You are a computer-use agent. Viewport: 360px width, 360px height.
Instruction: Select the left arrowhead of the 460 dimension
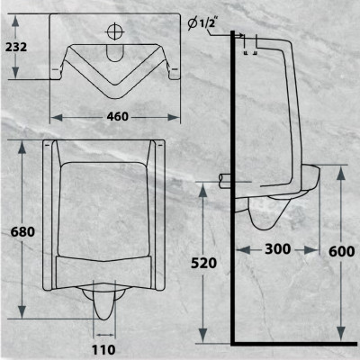[x=53, y=115]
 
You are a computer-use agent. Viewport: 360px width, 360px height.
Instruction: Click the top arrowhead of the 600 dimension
[x=339, y=170]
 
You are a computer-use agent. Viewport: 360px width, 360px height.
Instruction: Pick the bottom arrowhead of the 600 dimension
[x=339, y=338]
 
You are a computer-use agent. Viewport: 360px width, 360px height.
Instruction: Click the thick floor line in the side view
[x=288, y=344]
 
